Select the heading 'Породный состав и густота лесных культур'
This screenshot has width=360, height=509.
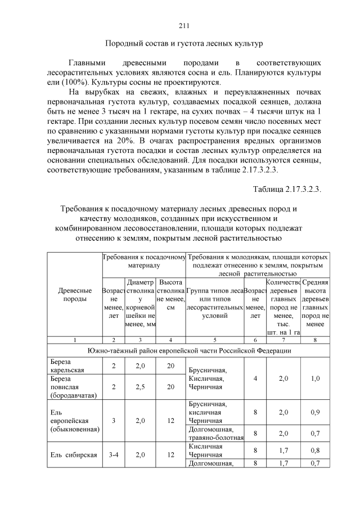pos(185,43)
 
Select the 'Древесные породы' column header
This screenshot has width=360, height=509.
pos(75,295)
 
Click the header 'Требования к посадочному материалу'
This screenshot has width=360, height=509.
pos(144,260)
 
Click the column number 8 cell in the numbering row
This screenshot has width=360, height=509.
pos(315,340)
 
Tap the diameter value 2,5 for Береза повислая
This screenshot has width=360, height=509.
pos(141,387)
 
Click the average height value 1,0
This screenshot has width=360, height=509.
pos(315,378)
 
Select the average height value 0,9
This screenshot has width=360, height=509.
pos(315,412)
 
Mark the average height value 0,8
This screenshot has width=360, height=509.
pos(315,450)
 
